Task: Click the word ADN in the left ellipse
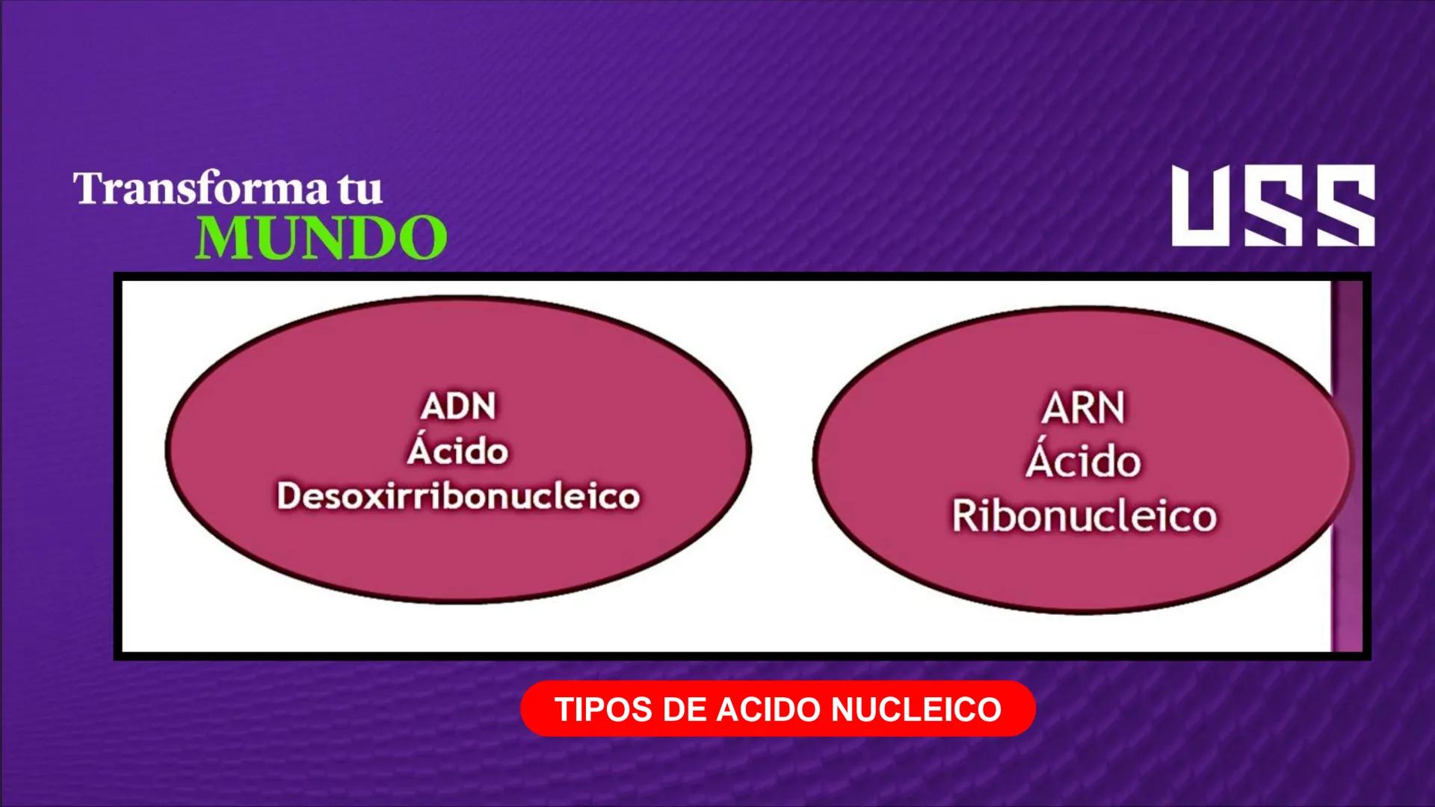[458, 407]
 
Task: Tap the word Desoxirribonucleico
[458, 496]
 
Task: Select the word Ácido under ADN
[458, 451]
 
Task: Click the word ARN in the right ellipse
[1083, 409]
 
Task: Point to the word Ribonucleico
[1084, 516]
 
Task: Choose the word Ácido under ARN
[1084, 460]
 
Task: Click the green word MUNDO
[321, 238]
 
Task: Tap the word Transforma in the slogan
[200, 188]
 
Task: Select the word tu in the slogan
[360, 190]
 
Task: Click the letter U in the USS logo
[1203, 206]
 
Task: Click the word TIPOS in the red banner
[603, 709]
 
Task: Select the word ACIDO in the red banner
[769, 709]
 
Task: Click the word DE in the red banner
[684, 709]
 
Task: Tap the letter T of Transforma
[88, 188]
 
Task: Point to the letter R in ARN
[1083, 409]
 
